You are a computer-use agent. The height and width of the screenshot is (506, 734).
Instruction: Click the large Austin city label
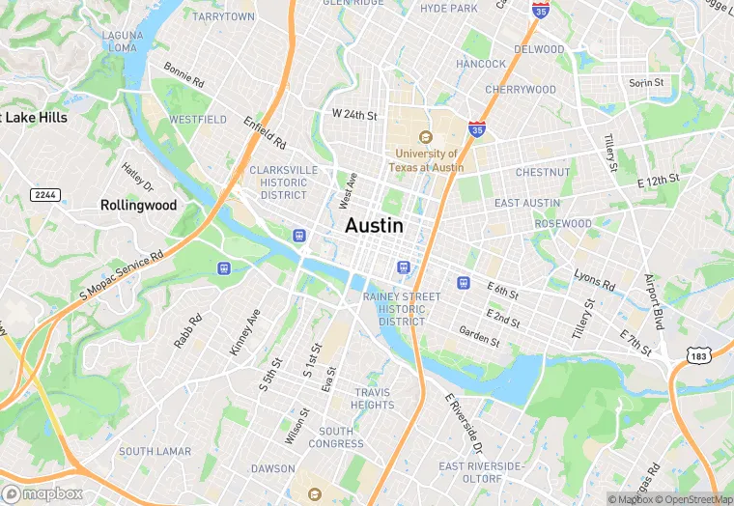point(374,224)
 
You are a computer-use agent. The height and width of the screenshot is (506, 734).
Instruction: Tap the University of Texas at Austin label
point(426,160)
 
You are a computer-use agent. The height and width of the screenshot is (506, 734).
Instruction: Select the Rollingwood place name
point(139,205)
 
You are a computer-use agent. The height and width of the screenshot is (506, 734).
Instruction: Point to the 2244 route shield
point(44,195)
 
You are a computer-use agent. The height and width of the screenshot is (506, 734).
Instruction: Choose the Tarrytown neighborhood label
point(223,16)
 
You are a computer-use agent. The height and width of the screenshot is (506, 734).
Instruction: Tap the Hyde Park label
point(449,9)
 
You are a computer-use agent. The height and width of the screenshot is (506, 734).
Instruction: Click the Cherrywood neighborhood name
point(521,90)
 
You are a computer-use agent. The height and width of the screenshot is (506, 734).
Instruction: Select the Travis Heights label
point(374,399)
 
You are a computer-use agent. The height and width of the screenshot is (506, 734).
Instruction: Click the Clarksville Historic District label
point(283,182)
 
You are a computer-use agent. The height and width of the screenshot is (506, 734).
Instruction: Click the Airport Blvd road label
point(655,301)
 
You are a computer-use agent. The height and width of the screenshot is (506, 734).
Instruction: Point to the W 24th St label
point(353,114)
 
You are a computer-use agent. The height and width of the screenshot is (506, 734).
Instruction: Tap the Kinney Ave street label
point(245,331)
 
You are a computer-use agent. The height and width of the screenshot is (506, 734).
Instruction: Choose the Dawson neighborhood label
point(272,468)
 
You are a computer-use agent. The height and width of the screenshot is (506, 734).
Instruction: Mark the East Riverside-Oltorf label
point(480,471)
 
